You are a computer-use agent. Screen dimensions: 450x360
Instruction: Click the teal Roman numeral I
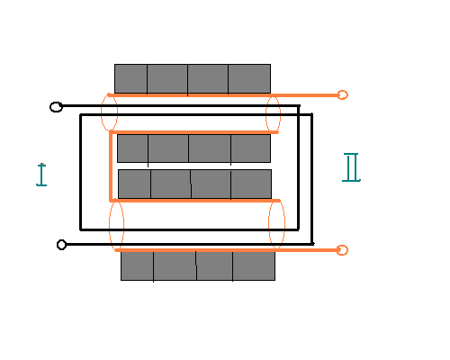tap(41, 175)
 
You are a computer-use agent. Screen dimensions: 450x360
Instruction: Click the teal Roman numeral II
tap(351, 167)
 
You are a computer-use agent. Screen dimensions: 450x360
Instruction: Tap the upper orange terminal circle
tap(343, 94)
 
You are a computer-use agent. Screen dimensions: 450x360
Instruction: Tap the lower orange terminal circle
tap(342, 250)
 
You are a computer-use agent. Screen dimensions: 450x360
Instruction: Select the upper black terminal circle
tap(56, 107)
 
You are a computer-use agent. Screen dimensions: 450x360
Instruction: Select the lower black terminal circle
tap(61, 245)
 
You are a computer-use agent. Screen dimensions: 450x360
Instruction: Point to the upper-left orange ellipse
tap(101, 112)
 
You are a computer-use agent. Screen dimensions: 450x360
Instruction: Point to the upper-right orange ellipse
tap(266, 114)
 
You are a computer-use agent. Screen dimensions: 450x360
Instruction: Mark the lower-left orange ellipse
tap(109, 225)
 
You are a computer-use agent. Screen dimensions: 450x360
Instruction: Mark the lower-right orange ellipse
tap(268, 223)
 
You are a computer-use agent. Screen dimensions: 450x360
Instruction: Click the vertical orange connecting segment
tap(111, 166)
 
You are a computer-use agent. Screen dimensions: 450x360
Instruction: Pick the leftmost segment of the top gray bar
tap(130, 78)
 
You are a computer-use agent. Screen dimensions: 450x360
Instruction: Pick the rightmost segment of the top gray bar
tap(249, 78)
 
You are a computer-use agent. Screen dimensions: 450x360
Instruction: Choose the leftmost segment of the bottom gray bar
tap(137, 265)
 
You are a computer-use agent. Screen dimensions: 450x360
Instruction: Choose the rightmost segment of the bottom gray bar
tap(254, 265)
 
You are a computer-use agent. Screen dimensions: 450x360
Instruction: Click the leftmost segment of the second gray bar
tap(132, 148)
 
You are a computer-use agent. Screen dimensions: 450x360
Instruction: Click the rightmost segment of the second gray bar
tap(251, 148)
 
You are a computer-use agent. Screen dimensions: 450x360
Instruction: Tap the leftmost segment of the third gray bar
tap(134, 184)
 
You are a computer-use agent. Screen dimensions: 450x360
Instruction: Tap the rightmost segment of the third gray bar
tap(251, 184)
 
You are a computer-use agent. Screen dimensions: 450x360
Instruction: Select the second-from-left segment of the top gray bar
tap(167, 78)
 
